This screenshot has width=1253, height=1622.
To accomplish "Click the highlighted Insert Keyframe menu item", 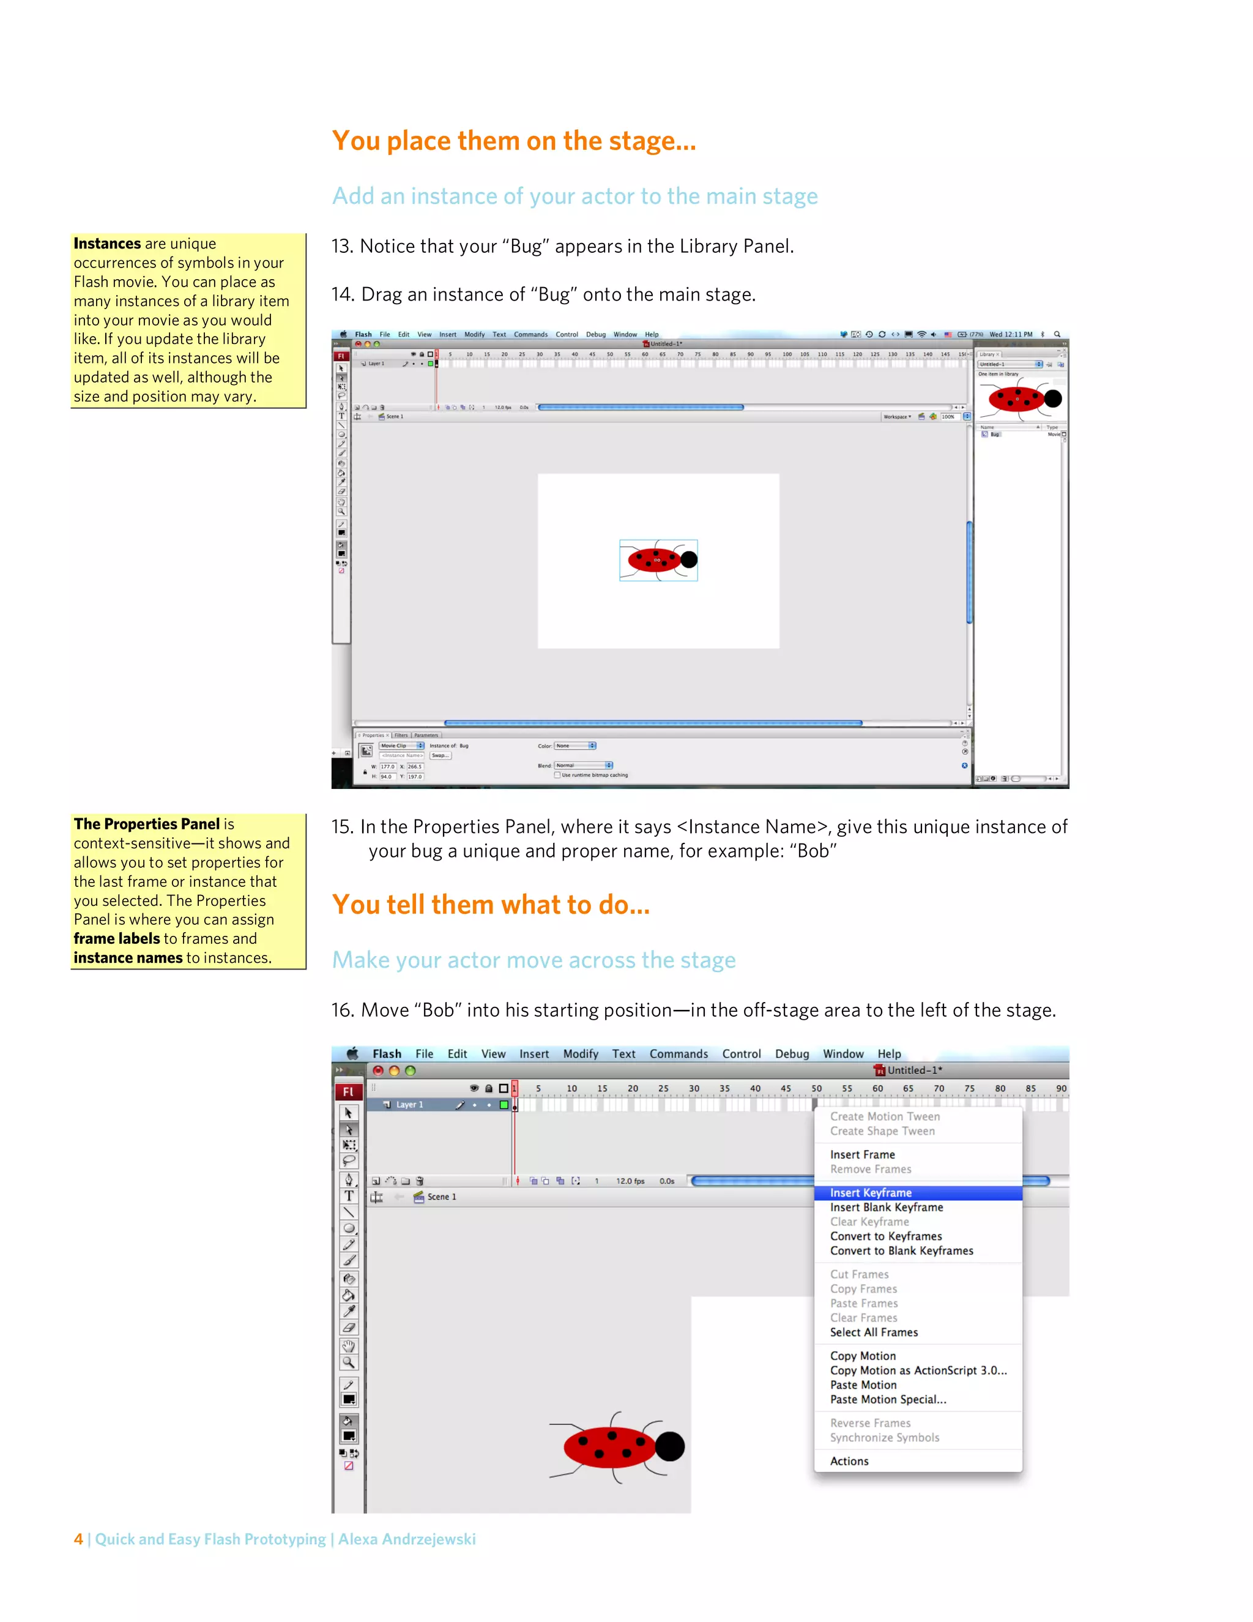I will coord(870,1193).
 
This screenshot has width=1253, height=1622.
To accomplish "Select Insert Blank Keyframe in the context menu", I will coord(887,1208).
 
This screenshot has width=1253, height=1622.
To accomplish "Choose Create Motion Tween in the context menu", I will coord(885,1116).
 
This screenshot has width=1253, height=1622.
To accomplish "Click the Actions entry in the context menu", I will coord(849,1461).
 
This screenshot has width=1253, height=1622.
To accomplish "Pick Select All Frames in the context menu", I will coord(874,1332).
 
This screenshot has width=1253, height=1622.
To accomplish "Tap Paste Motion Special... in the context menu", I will coord(888,1399).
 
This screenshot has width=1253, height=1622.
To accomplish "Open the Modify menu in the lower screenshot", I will coord(581,1054).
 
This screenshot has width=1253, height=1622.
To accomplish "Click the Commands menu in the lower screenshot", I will coord(679,1054).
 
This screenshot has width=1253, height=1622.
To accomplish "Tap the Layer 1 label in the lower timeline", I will coord(409,1105).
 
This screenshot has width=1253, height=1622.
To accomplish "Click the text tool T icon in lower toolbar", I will coord(349,1196).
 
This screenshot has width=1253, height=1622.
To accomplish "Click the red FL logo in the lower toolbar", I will coord(348,1092).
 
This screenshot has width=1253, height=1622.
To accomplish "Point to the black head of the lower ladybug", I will coord(669,1446).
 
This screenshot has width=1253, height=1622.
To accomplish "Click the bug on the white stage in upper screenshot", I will coord(657,560).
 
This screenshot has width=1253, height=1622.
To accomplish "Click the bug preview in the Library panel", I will coord(1021,400).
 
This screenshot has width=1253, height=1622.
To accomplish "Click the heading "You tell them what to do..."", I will coord(491,905).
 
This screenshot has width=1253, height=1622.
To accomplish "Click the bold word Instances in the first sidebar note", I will coord(107,244).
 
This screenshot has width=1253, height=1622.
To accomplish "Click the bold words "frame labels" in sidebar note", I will coord(116,939).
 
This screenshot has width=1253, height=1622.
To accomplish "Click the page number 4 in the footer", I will coord(78,1539).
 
